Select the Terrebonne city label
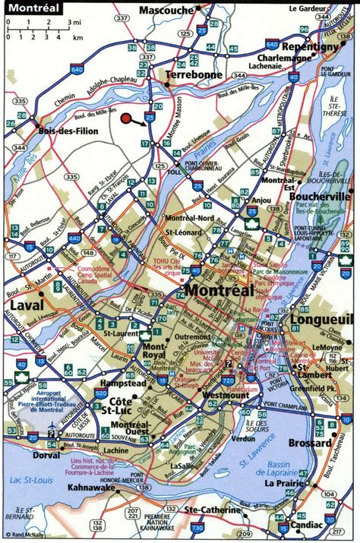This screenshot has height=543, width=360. [x=194, y=75]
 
